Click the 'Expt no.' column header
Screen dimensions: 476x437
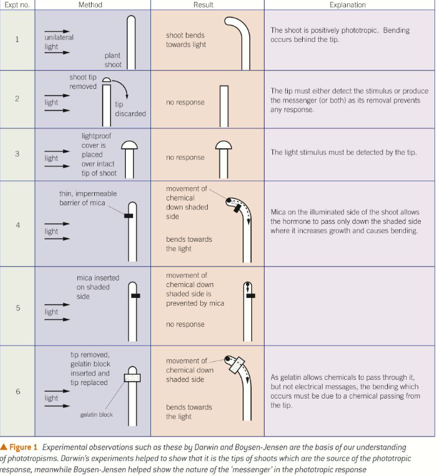[17, 5]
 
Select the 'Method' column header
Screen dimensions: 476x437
[90, 5]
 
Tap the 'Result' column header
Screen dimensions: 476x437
[203, 5]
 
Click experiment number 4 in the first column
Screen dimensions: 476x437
[17, 226]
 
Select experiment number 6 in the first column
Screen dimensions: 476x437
[17, 392]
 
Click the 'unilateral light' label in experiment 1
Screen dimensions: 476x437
[59, 42]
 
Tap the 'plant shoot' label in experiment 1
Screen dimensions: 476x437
[112, 60]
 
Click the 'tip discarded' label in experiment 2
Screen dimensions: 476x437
[130, 109]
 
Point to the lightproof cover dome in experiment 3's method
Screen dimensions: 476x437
[129, 144]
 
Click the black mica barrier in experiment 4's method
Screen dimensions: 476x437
[128, 216]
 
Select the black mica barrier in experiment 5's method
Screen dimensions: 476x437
[135, 296]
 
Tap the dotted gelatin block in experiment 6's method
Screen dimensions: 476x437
[131, 378]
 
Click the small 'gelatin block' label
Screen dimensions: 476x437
[96, 415]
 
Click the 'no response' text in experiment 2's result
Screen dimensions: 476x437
[185, 103]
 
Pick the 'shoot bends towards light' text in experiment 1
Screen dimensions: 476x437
[185, 41]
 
